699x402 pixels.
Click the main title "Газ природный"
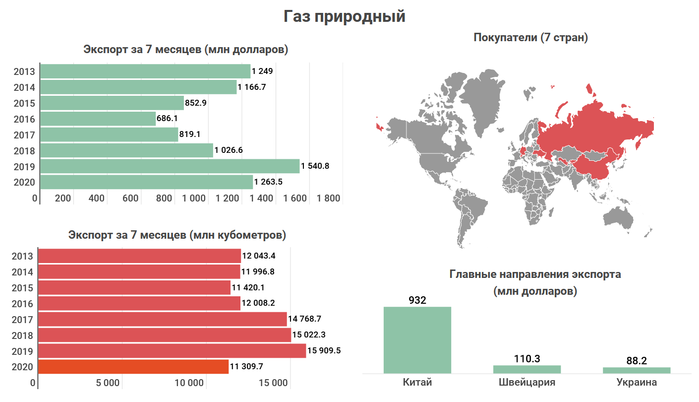pyautogui.click(x=345, y=16)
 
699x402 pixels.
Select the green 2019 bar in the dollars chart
pyautogui.click(x=170, y=166)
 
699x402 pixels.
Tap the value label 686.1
pyautogui.click(x=167, y=119)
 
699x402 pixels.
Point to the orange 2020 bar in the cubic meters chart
pyautogui.click(x=133, y=367)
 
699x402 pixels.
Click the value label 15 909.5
pyautogui.click(x=324, y=351)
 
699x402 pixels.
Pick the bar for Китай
pyautogui.click(x=417, y=340)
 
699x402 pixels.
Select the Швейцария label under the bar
pyautogui.click(x=526, y=383)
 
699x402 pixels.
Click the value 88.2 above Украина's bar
pyautogui.click(x=637, y=361)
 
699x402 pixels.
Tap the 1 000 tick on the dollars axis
pyautogui.click(x=194, y=199)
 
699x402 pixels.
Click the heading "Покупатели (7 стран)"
pyautogui.click(x=530, y=37)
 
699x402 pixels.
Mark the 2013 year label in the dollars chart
pyautogui.click(x=25, y=71)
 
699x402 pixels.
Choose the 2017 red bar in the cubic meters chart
pyautogui.click(x=162, y=319)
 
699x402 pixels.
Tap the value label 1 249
pyautogui.click(x=262, y=71)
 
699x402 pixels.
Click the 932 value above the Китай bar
pyautogui.click(x=417, y=300)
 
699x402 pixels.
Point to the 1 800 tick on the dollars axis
pyautogui.click(x=329, y=199)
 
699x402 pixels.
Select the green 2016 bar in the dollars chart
pyautogui.click(x=98, y=119)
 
